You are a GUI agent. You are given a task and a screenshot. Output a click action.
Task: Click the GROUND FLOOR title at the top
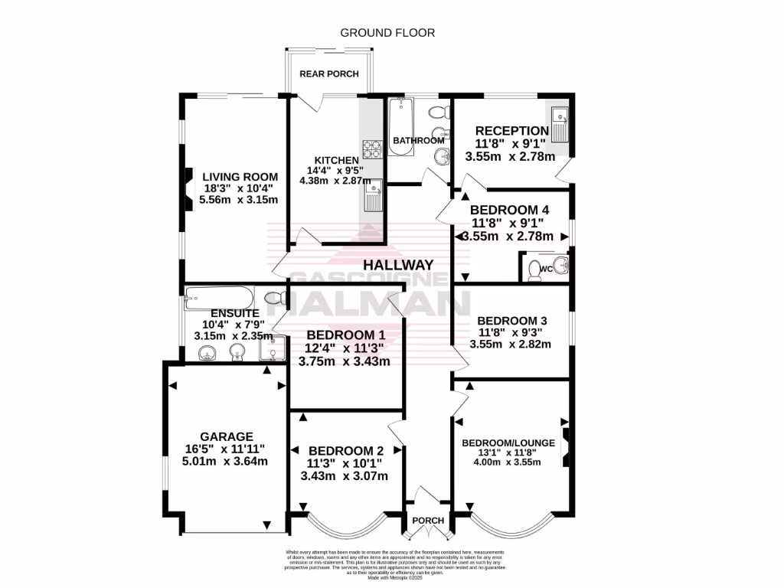tap(387, 33)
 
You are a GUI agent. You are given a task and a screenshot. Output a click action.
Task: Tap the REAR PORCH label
tap(328, 73)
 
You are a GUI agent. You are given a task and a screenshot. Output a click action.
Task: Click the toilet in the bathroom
tap(438, 113)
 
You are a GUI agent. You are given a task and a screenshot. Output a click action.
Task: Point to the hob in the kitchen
tap(372, 147)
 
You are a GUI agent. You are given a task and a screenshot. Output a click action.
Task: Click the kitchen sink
tap(374, 194)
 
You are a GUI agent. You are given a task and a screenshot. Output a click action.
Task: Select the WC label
tap(545, 269)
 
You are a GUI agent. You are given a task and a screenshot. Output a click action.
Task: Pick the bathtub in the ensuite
tap(219, 296)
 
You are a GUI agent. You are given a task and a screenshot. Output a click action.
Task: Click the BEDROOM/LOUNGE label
tap(509, 443)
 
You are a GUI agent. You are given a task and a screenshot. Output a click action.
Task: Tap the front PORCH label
tap(428, 521)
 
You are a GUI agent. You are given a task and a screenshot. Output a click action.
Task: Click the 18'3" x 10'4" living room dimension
tap(237, 188)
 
